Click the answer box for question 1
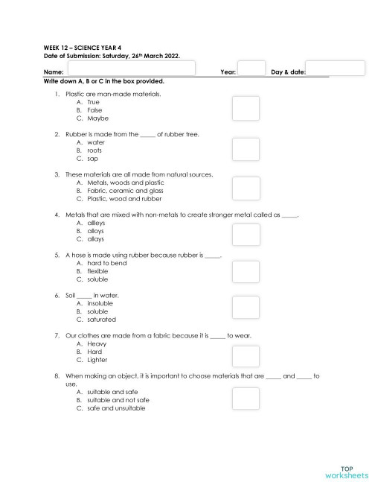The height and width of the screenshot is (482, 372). [x=246, y=109]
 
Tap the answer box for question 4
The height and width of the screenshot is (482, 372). [x=246, y=235]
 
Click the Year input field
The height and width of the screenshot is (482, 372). [x=251, y=69]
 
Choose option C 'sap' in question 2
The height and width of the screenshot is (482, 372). [x=93, y=159]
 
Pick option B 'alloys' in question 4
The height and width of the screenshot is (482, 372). [x=95, y=231]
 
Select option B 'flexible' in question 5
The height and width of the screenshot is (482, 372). [x=97, y=271]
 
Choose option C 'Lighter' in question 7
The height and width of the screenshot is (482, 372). [x=97, y=359]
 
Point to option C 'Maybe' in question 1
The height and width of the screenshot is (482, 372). [x=97, y=118]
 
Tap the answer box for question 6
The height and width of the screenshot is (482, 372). [x=246, y=307]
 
